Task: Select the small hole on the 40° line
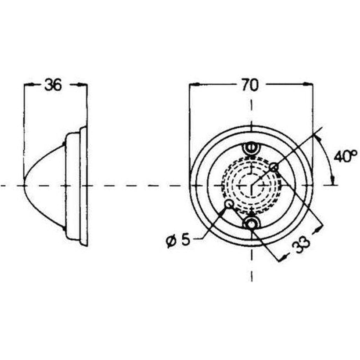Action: [x=274, y=167]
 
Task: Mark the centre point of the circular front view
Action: [x=252, y=185]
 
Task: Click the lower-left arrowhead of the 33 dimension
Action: [x=283, y=258]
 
